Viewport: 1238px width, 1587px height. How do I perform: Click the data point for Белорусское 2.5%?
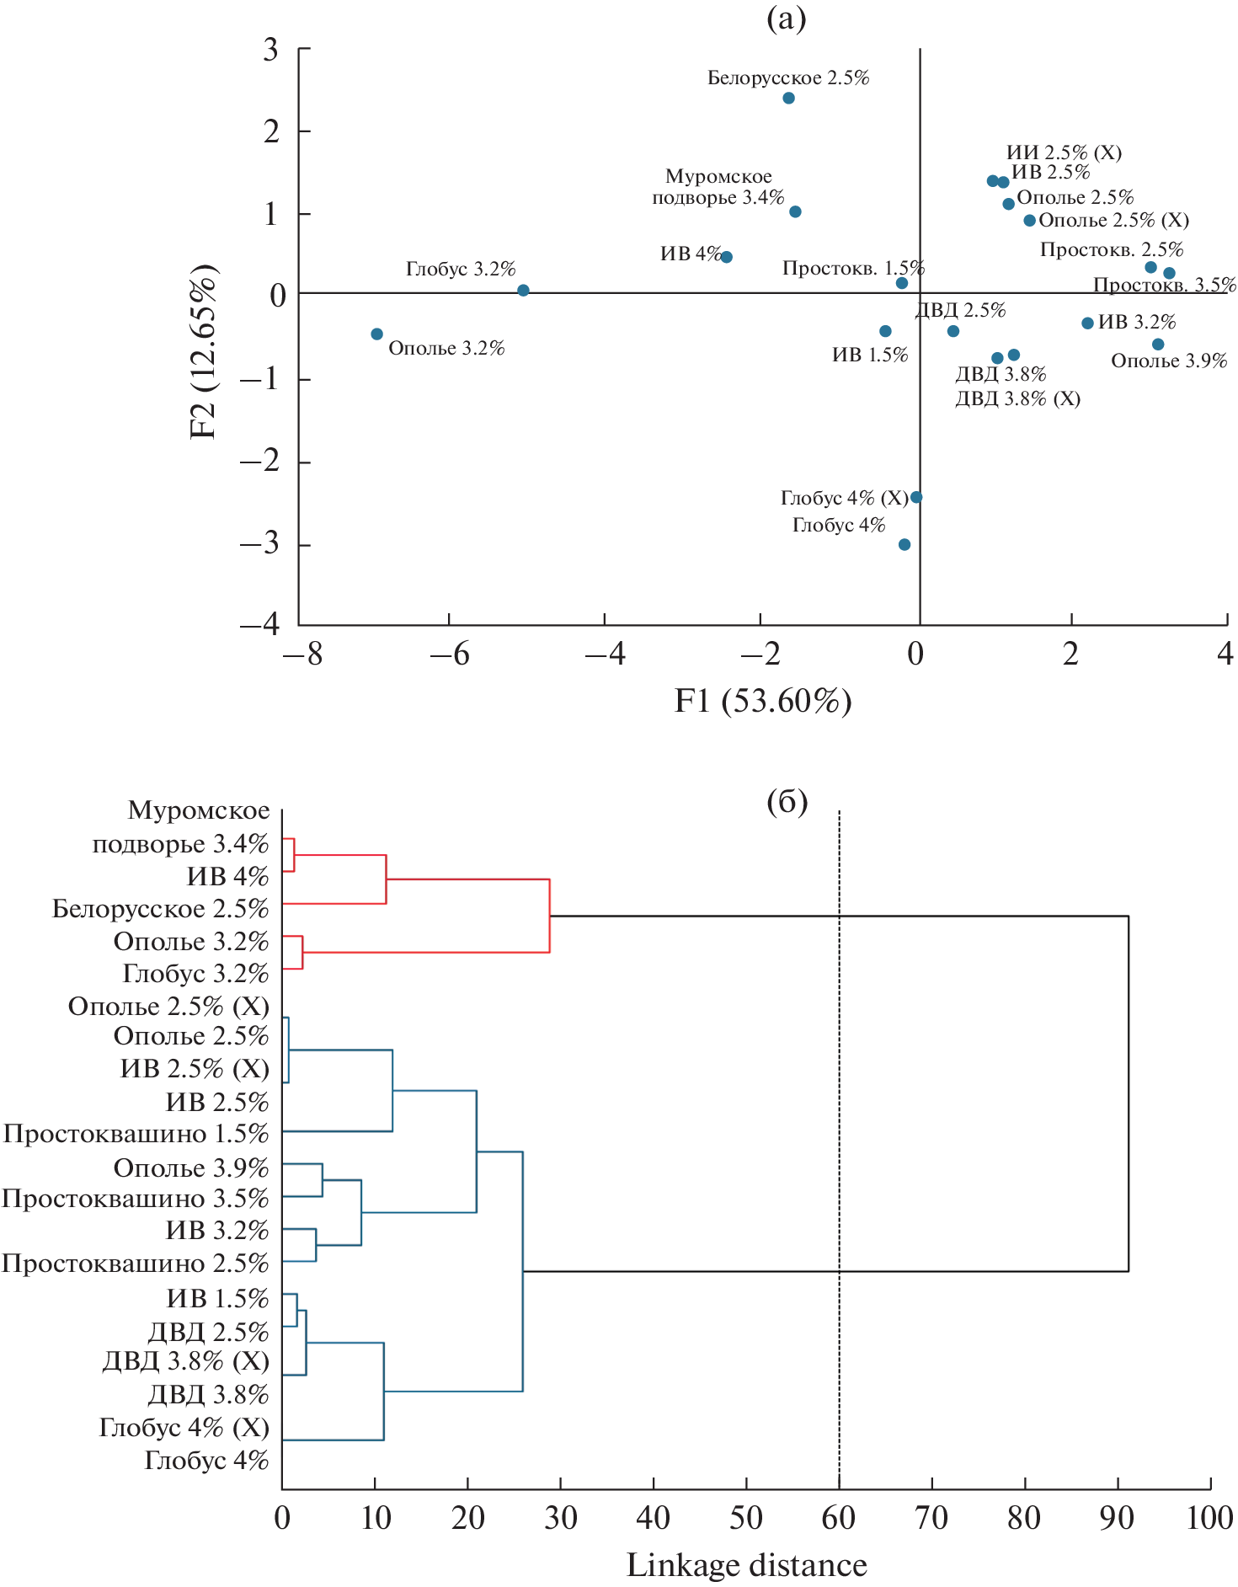click(x=788, y=98)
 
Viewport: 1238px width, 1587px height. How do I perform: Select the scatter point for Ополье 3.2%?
click(x=376, y=334)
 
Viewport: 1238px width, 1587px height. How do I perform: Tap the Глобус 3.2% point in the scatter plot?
click(x=523, y=290)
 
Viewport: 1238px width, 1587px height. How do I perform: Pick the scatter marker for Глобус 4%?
click(x=904, y=544)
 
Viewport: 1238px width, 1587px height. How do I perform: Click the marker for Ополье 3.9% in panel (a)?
click(x=1158, y=344)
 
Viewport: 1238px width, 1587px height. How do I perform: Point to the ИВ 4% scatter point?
click(x=727, y=257)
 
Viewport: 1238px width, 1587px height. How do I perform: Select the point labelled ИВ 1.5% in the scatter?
click(x=885, y=331)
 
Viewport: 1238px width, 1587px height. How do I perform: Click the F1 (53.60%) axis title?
click(x=762, y=700)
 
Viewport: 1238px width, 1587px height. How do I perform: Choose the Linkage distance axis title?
click(x=746, y=1565)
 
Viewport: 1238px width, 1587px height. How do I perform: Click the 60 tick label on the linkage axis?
click(x=839, y=1518)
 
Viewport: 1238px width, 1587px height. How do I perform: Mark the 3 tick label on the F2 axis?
click(x=270, y=50)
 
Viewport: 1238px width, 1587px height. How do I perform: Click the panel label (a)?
click(x=786, y=19)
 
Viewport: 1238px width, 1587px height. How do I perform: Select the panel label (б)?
click(x=787, y=801)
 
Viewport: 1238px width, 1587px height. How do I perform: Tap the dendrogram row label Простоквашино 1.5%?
click(x=136, y=1134)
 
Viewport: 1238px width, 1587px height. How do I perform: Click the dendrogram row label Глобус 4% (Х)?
click(x=184, y=1427)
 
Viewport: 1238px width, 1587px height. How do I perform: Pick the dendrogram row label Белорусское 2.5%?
click(x=160, y=909)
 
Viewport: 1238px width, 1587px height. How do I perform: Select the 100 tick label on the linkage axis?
click(x=1209, y=1518)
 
